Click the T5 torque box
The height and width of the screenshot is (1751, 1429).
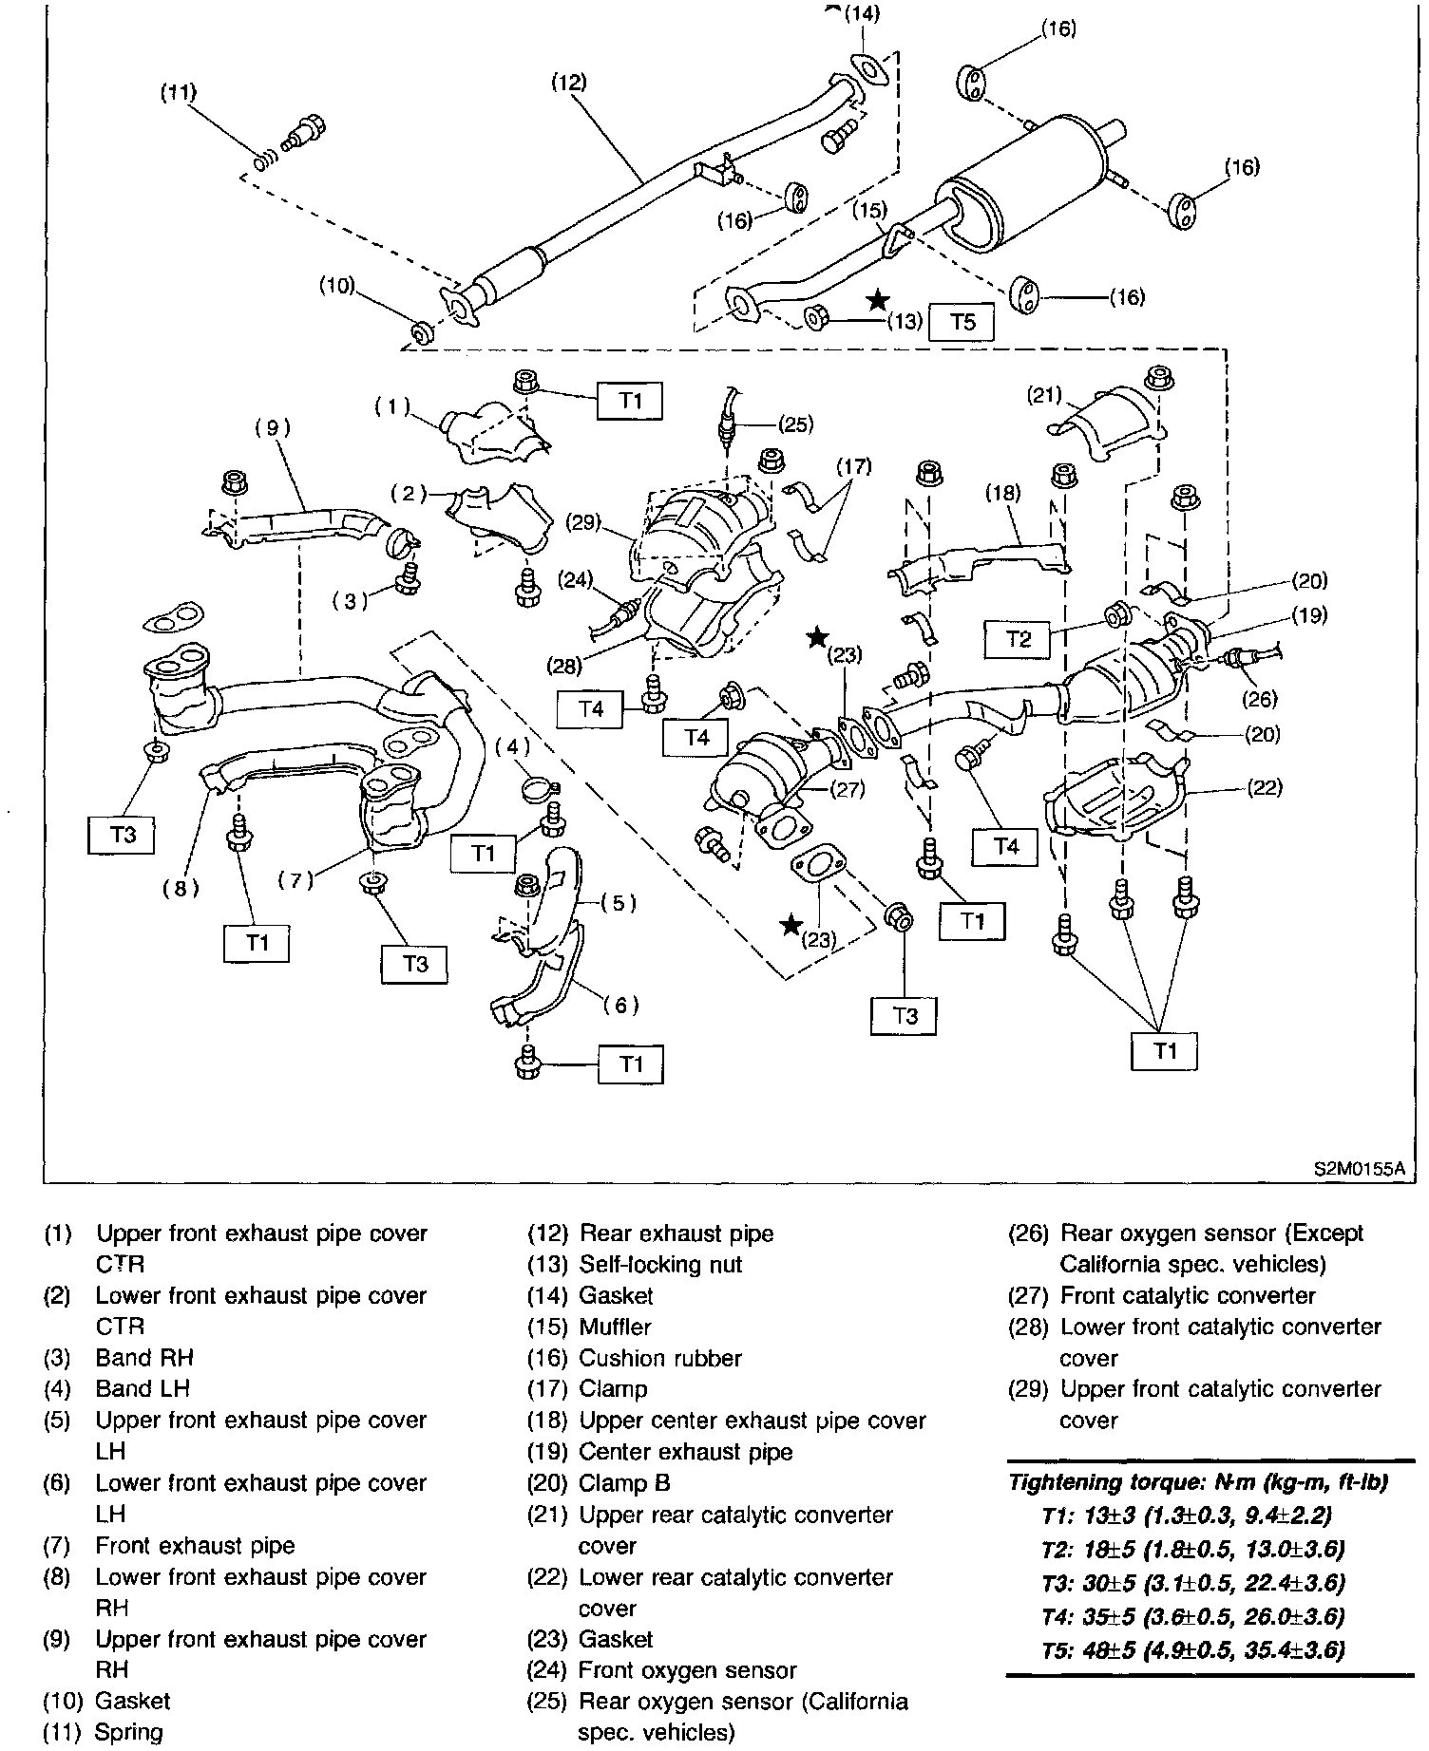[962, 322]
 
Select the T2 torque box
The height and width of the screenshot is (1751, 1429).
[1018, 639]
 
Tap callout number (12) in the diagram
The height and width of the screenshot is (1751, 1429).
[569, 83]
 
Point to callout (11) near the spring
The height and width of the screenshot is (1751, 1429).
[178, 92]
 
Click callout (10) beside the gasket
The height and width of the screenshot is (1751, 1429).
[337, 285]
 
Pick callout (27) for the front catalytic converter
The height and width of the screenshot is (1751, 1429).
[846, 787]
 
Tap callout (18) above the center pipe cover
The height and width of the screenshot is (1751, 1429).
[1002, 492]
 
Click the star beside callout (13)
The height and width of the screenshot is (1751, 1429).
[878, 301]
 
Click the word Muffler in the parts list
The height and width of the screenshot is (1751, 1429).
[615, 1327]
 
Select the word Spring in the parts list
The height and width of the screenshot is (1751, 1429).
[129, 1732]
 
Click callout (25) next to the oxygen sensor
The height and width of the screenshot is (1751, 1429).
[795, 424]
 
